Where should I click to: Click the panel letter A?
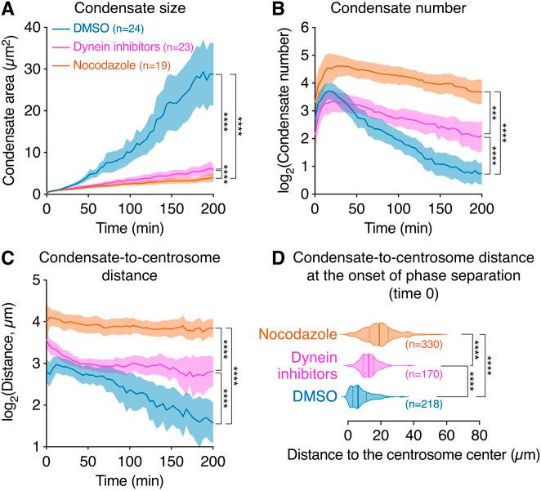click(9, 10)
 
